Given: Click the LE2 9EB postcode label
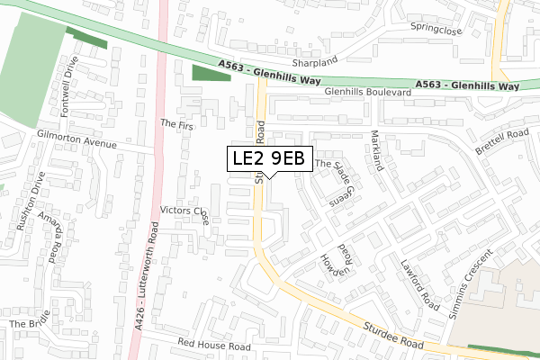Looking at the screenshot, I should point(269,158).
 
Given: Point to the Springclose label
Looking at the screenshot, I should point(437,27).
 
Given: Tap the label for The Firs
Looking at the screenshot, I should point(176,124).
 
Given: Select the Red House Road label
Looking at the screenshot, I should point(213,345).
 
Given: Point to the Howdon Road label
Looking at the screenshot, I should point(335,261).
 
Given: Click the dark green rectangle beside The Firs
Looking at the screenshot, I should point(211,74).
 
